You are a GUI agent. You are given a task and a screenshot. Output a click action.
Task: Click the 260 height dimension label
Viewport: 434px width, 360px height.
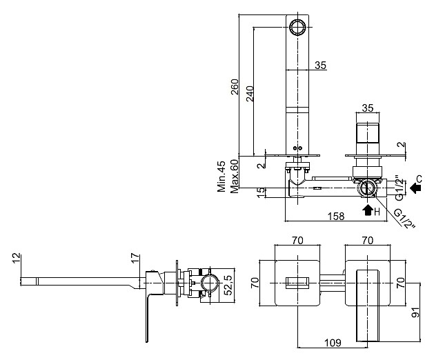(x=235, y=87)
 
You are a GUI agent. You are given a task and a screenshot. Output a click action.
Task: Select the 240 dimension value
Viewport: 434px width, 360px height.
(x=250, y=94)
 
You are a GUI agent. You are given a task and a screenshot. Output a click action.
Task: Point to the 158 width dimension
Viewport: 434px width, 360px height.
(x=336, y=216)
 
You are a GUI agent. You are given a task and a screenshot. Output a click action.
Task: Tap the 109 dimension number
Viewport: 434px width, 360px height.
(x=333, y=343)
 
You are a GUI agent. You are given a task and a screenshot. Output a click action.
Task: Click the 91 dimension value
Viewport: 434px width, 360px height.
(x=416, y=312)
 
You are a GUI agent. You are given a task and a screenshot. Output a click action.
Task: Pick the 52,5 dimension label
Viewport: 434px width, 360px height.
(x=228, y=285)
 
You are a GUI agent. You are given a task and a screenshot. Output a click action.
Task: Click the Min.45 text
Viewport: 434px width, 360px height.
(x=221, y=176)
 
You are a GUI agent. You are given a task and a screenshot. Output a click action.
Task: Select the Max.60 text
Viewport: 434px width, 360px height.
(x=234, y=177)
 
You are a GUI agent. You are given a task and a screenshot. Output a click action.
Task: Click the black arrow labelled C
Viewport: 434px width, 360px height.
(x=415, y=188)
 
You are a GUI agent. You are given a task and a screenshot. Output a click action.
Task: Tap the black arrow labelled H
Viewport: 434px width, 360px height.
(x=368, y=210)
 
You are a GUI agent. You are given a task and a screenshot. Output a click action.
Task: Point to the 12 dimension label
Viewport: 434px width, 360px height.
(x=17, y=258)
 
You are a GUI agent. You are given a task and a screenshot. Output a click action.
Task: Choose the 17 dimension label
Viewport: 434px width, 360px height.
(x=135, y=258)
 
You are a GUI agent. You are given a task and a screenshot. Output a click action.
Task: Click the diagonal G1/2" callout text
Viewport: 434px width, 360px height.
(x=404, y=219)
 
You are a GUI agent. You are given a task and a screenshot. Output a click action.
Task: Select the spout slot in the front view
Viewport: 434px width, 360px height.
(x=297, y=283)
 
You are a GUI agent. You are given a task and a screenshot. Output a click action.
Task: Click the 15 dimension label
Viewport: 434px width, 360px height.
(x=261, y=192)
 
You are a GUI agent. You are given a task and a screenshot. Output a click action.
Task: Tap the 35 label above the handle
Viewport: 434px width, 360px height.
(x=368, y=108)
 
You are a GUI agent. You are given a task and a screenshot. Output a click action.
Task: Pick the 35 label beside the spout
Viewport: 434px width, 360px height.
(x=321, y=66)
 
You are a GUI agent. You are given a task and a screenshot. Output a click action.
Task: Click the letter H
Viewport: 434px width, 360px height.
(x=377, y=212)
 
